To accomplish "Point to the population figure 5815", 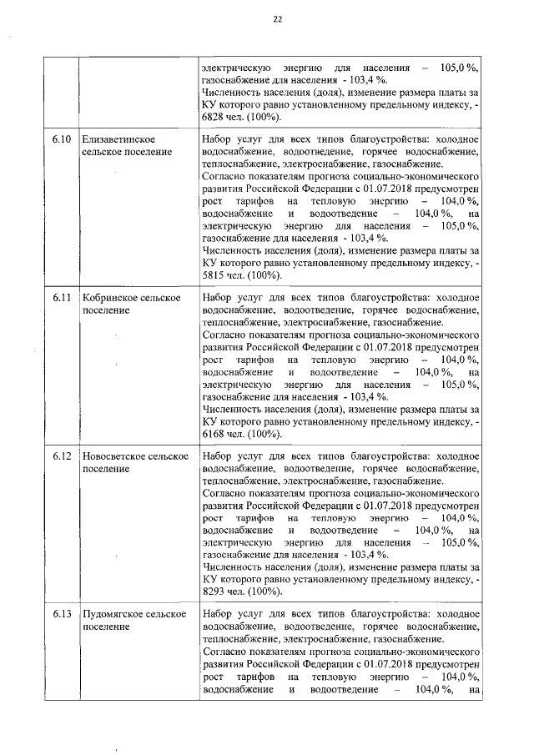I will (216, 275).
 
